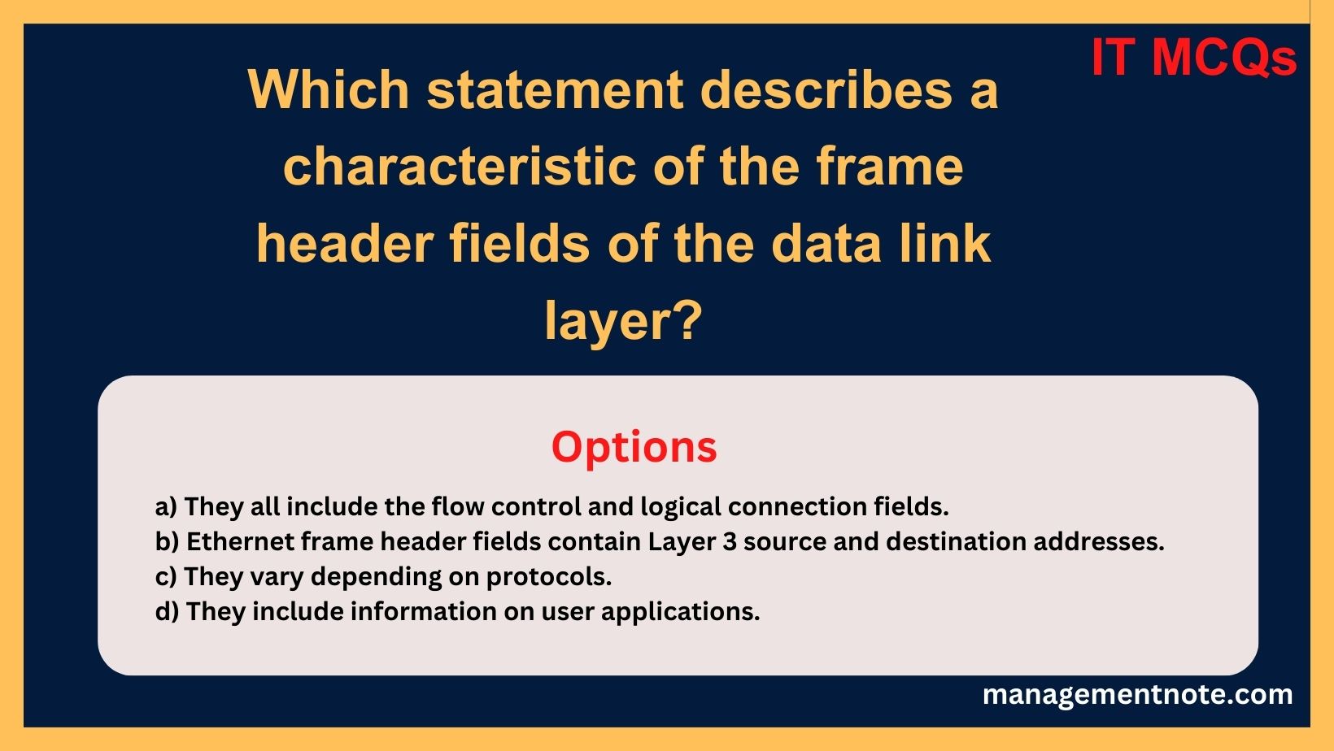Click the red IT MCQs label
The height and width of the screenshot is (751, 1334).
point(1193,58)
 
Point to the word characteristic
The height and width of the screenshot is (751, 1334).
point(460,166)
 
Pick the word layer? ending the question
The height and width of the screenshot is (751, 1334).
point(622,320)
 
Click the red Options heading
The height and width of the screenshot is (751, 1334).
point(634,447)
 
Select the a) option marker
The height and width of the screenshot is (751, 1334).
point(166,506)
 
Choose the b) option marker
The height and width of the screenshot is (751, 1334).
point(167,541)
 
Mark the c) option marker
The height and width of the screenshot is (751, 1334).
point(166,576)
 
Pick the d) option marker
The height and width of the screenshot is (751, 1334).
point(167,611)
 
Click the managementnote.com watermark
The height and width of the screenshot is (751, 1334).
point(1137,694)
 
